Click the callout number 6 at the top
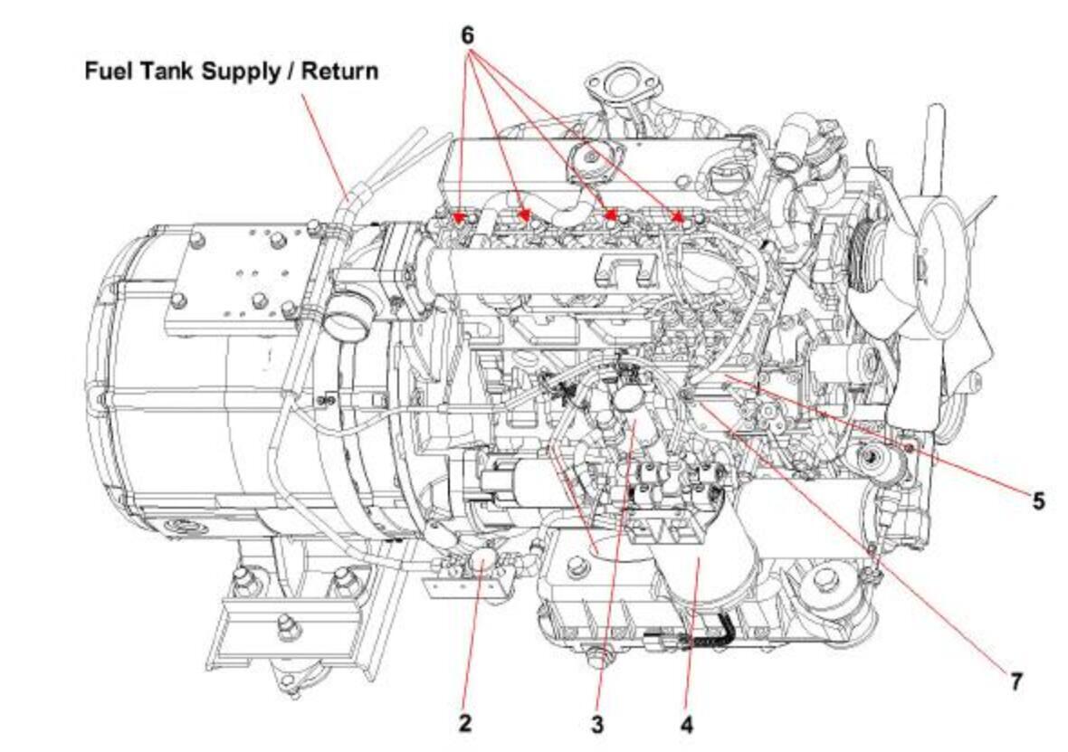[467, 35]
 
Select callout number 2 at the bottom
[464, 723]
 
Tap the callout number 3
[597, 725]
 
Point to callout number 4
[687, 725]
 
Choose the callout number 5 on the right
[1038, 500]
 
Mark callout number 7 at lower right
[1016, 681]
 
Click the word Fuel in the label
[108, 71]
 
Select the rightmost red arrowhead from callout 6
[679, 216]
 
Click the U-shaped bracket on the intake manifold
[625, 269]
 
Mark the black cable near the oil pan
[720, 630]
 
